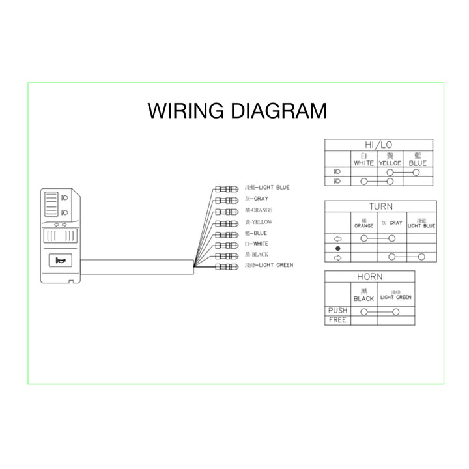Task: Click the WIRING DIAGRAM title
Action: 237,111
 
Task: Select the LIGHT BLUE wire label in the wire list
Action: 266,188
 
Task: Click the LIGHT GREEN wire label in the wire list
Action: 268,265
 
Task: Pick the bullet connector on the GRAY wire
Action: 226,199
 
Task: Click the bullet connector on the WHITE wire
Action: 226,244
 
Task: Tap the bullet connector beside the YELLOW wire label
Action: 226,222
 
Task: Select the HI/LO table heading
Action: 378,144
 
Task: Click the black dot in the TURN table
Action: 337,248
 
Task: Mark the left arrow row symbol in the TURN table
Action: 337,238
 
